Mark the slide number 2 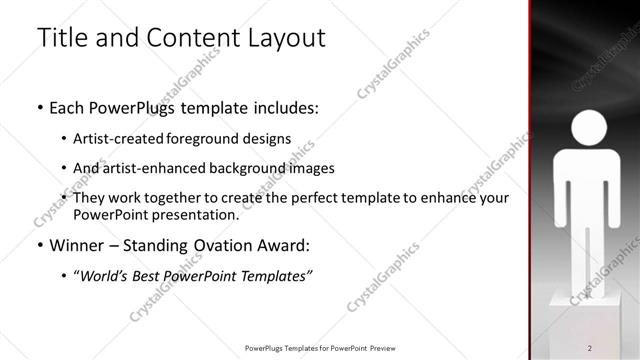[x=590, y=347]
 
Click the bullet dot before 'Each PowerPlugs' [x=39, y=107]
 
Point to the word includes [x=285, y=107]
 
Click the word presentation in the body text [x=194, y=215]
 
